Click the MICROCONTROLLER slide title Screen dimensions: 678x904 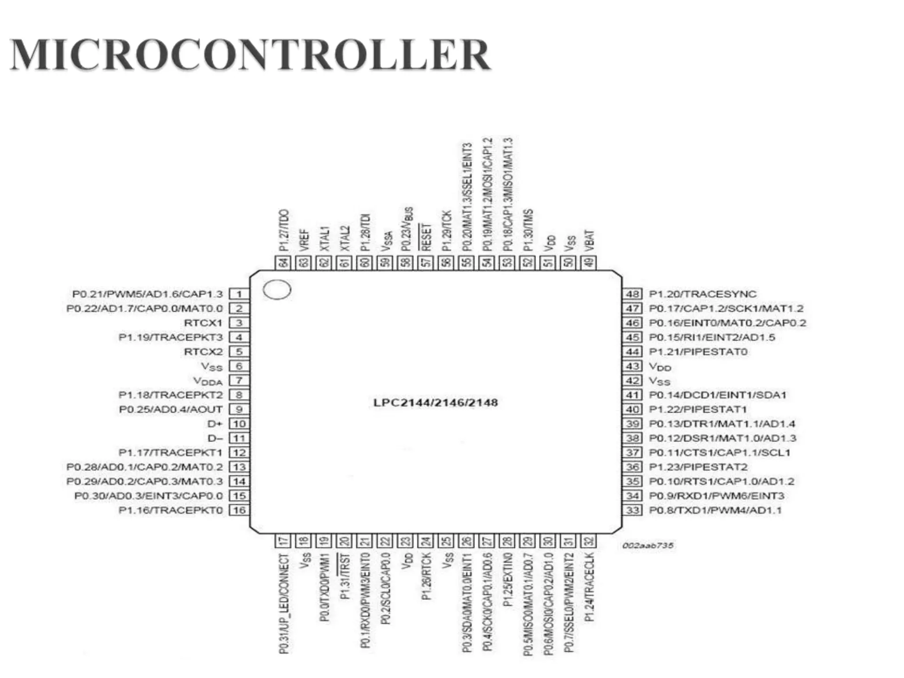[250, 55]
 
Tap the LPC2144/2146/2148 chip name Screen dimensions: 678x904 [435, 403]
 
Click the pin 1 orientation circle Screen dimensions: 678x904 [277, 290]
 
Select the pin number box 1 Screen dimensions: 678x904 [239, 294]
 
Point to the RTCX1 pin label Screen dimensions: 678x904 [203, 323]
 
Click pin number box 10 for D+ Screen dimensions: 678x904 [239, 424]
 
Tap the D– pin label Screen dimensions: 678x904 [215, 438]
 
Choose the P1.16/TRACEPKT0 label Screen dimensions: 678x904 [171, 510]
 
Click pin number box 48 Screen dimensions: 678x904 [633, 294]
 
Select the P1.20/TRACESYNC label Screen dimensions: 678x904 [702, 294]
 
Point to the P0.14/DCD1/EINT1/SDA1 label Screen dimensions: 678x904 [717, 395]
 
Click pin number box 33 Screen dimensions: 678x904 [633, 510]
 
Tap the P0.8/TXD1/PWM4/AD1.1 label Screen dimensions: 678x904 [715, 510]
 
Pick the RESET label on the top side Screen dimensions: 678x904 [426, 237]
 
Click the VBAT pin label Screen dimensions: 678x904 [589, 241]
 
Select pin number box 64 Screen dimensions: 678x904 [283, 262]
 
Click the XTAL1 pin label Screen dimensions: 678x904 [324, 239]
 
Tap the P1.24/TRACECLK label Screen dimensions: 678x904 [589, 587]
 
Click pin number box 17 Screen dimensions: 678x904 [283, 541]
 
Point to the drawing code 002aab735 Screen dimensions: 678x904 [648, 546]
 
